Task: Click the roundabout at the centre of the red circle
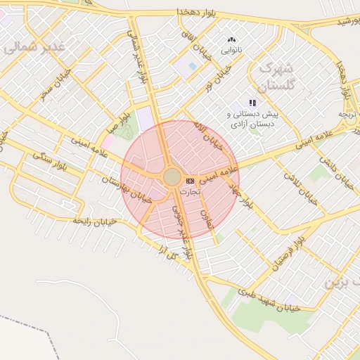coord(172,176)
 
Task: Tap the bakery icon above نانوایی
coord(232,40)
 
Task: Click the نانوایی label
coord(232,51)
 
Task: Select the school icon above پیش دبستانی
coord(252,103)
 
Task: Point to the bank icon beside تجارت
coord(190,181)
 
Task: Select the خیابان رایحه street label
coord(99,221)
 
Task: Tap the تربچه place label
coord(349,114)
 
